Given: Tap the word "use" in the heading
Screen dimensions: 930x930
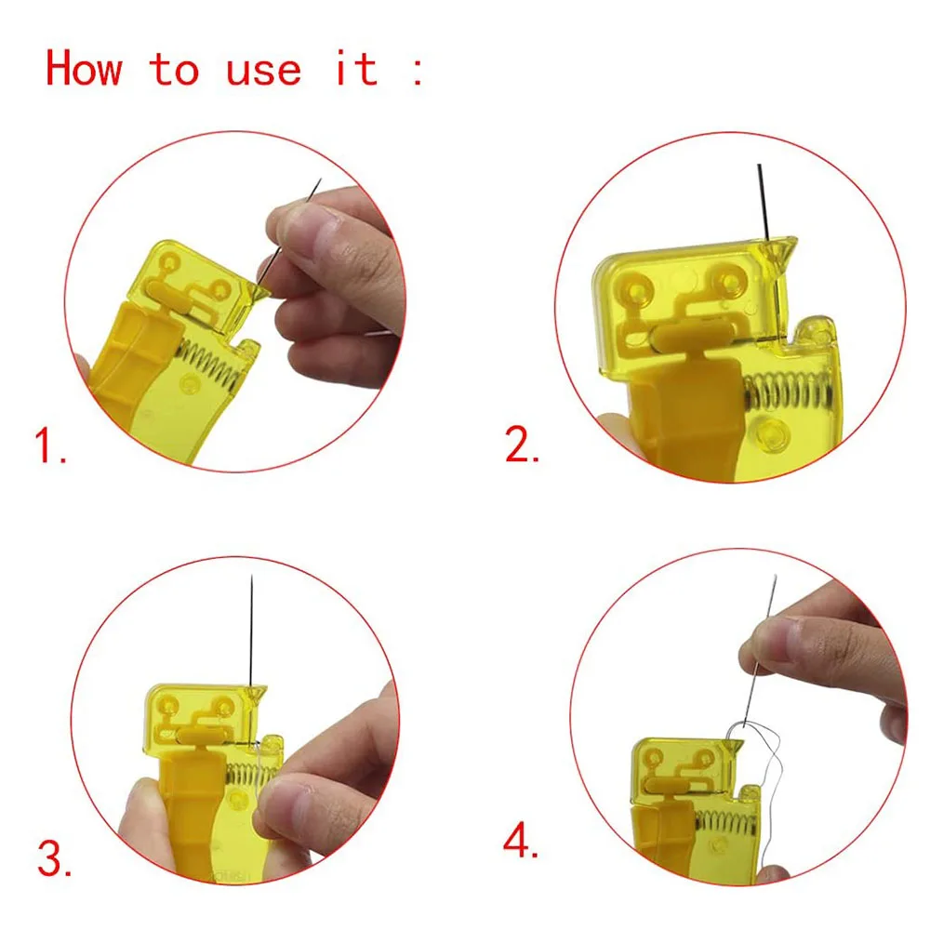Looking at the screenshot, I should [x=264, y=69].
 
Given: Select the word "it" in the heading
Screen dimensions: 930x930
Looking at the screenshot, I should [x=356, y=69].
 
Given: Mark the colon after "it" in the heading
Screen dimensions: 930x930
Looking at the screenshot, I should [x=416, y=69].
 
